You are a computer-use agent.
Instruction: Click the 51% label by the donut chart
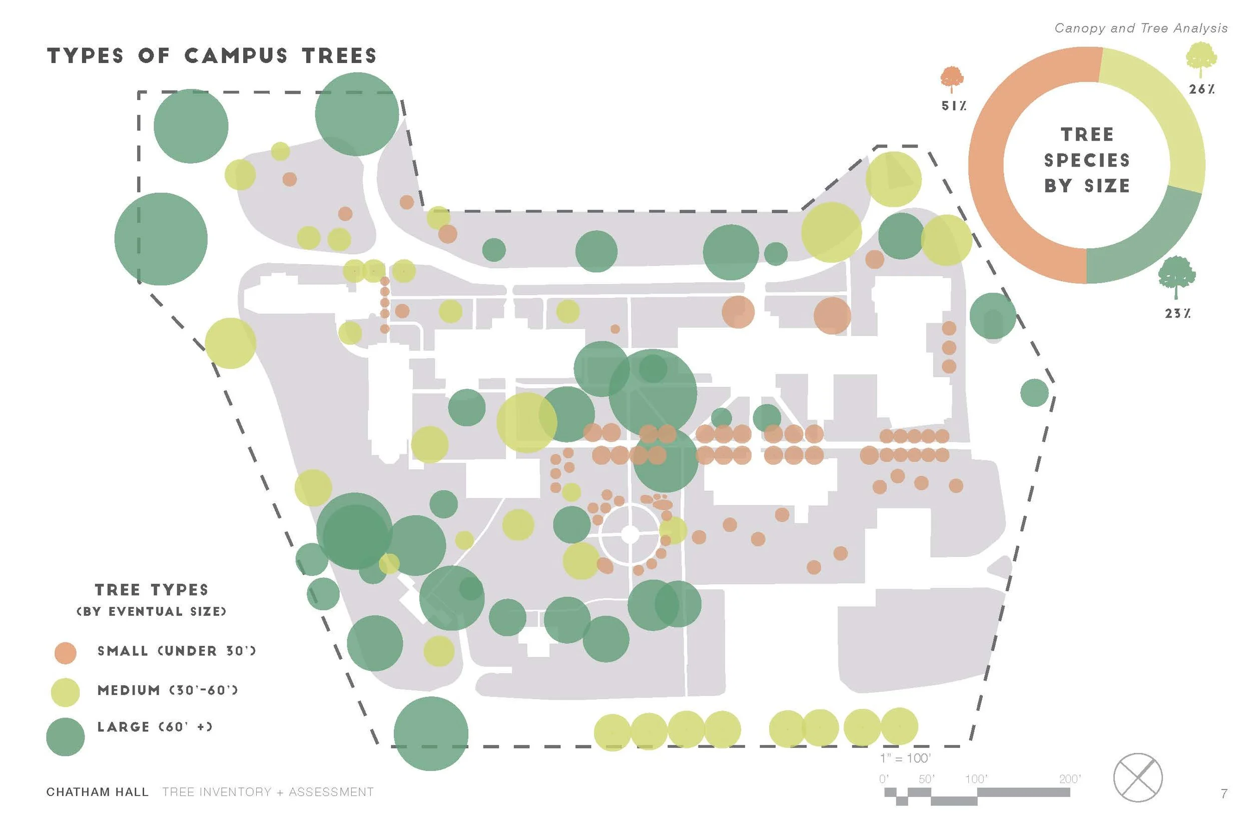(953, 106)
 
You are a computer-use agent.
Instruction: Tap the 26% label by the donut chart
(1201, 90)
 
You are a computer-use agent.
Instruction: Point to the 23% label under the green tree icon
(1177, 314)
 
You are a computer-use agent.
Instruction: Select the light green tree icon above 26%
(1201, 59)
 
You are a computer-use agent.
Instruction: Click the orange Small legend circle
(66, 652)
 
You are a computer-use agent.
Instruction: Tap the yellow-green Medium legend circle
(65, 692)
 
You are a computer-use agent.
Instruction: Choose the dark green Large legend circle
(66, 736)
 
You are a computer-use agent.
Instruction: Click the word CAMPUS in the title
(236, 56)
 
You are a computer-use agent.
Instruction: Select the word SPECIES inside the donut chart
(1087, 160)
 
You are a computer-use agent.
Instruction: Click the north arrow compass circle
(1138, 777)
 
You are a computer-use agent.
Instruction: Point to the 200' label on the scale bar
(1070, 779)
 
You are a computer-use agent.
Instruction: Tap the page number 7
(1224, 793)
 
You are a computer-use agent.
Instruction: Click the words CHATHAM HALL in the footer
(98, 792)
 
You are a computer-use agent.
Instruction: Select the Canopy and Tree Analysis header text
(1141, 28)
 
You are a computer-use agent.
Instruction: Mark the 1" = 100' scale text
(905, 758)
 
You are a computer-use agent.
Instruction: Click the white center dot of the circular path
(630, 534)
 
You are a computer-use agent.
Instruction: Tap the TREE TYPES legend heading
(152, 590)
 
